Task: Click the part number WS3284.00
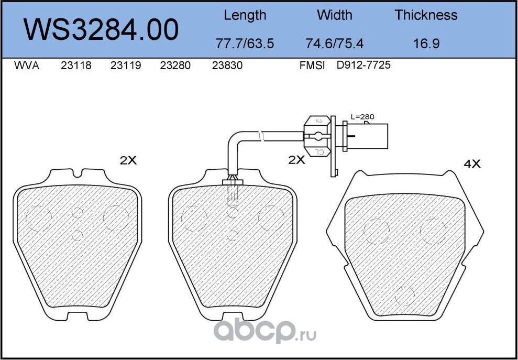point(101,30)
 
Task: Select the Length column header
point(245,15)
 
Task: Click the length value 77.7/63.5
point(245,43)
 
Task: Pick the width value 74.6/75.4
point(334,43)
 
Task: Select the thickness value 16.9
point(426,43)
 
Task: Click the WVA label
point(26,66)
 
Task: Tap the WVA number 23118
point(76,66)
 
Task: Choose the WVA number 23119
point(126,66)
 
